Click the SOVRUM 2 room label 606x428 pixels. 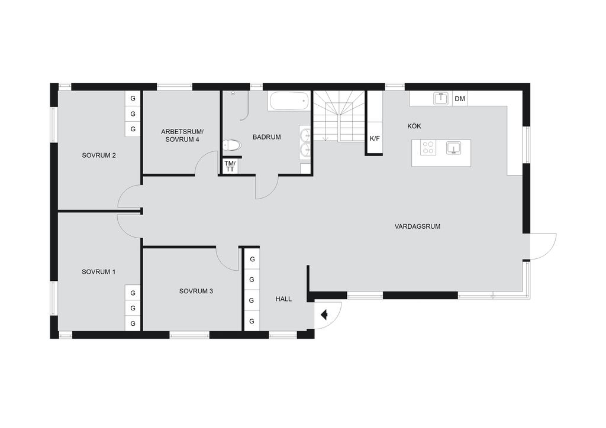(x=99, y=155)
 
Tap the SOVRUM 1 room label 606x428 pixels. (x=99, y=272)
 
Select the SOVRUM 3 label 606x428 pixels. (x=196, y=291)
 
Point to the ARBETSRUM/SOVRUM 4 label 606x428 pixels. (x=182, y=135)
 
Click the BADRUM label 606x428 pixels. (x=267, y=137)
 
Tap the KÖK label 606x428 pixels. (x=414, y=126)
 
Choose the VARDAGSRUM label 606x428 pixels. (x=417, y=226)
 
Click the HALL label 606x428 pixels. (x=283, y=299)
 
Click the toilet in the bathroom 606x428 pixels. (x=232, y=145)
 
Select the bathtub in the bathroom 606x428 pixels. (x=289, y=100)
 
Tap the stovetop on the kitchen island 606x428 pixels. (x=428, y=148)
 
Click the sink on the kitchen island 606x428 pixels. (x=453, y=148)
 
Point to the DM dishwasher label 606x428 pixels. (x=460, y=99)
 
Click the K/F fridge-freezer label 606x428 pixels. (x=375, y=138)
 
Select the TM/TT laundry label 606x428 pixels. (x=230, y=166)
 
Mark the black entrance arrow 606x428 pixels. (x=324, y=315)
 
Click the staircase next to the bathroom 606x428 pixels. (x=339, y=116)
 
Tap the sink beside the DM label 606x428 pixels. (x=440, y=98)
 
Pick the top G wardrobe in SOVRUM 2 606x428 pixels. (x=133, y=98)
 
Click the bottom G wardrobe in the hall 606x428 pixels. (x=252, y=321)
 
